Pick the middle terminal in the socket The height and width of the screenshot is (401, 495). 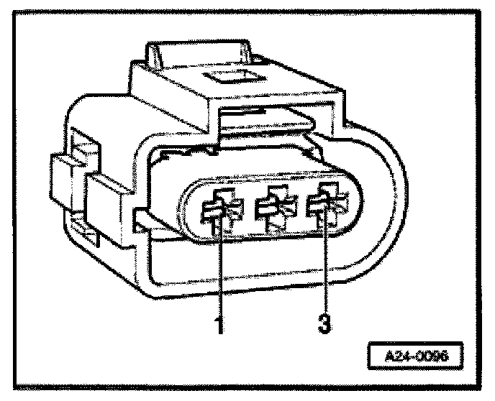[271, 208]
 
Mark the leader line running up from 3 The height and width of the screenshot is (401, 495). [325, 273]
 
